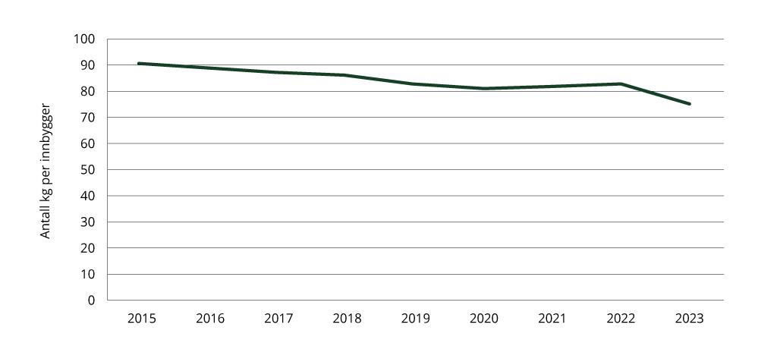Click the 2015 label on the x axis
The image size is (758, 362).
pos(141,319)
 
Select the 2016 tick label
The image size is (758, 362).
pos(210,319)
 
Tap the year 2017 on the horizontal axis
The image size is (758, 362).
pos(278,319)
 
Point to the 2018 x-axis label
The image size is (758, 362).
pos(347,319)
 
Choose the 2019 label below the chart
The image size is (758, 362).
pos(415,319)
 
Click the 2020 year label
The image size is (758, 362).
pos(483,319)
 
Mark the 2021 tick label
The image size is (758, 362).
pos(552,319)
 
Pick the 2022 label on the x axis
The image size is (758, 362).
pos(621,319)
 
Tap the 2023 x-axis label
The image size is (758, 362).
pos(689,319)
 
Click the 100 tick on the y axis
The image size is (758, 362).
pos(84,39)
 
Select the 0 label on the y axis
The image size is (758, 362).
pos(91,301)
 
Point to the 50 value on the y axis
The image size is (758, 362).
pos(88,170)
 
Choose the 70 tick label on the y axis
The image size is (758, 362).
pos(88,118)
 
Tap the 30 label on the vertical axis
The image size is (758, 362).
pos(88,222)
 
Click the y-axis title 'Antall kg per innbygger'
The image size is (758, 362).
pos(46,170)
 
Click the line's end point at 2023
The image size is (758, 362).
pos(689,104)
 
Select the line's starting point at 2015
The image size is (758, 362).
pos(139,64)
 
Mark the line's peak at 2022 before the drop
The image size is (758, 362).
pos(621,83)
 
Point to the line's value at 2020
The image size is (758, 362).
pos(483,89)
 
